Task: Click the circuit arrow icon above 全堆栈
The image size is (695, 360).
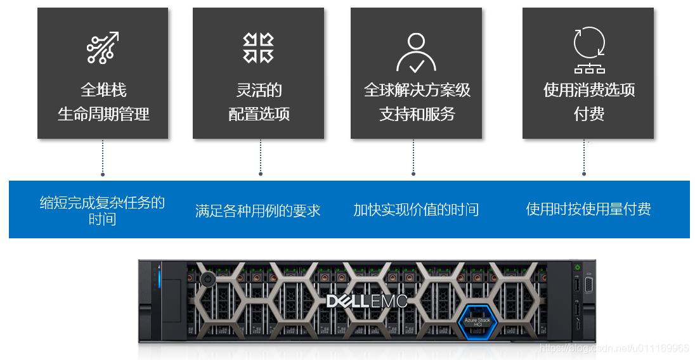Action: pos(103,48)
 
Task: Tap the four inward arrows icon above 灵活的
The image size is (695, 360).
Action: pos(258,48)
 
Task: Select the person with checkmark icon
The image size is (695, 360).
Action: pos(416,52)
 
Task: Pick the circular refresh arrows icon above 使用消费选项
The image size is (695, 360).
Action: pos(589,43)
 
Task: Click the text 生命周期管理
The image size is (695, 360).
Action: pos(103,114)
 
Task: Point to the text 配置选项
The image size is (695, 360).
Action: pos(259,114)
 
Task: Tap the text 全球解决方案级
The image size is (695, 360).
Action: pos(417,90)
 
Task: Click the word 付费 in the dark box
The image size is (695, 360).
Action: pos(588,114)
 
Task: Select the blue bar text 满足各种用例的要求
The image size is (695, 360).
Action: pos(258,210)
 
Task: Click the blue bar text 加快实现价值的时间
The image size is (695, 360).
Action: pos(416,210)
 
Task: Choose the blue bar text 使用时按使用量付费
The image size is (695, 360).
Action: pos(588,209)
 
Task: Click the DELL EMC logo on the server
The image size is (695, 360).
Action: pos(367,301)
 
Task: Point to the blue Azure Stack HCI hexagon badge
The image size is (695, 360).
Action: pos(477,320)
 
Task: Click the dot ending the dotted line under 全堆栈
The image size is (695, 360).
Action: pos(103,173)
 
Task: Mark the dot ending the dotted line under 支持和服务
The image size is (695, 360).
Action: pos(413,173)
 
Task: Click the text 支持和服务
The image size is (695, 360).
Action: pos(417,114)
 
